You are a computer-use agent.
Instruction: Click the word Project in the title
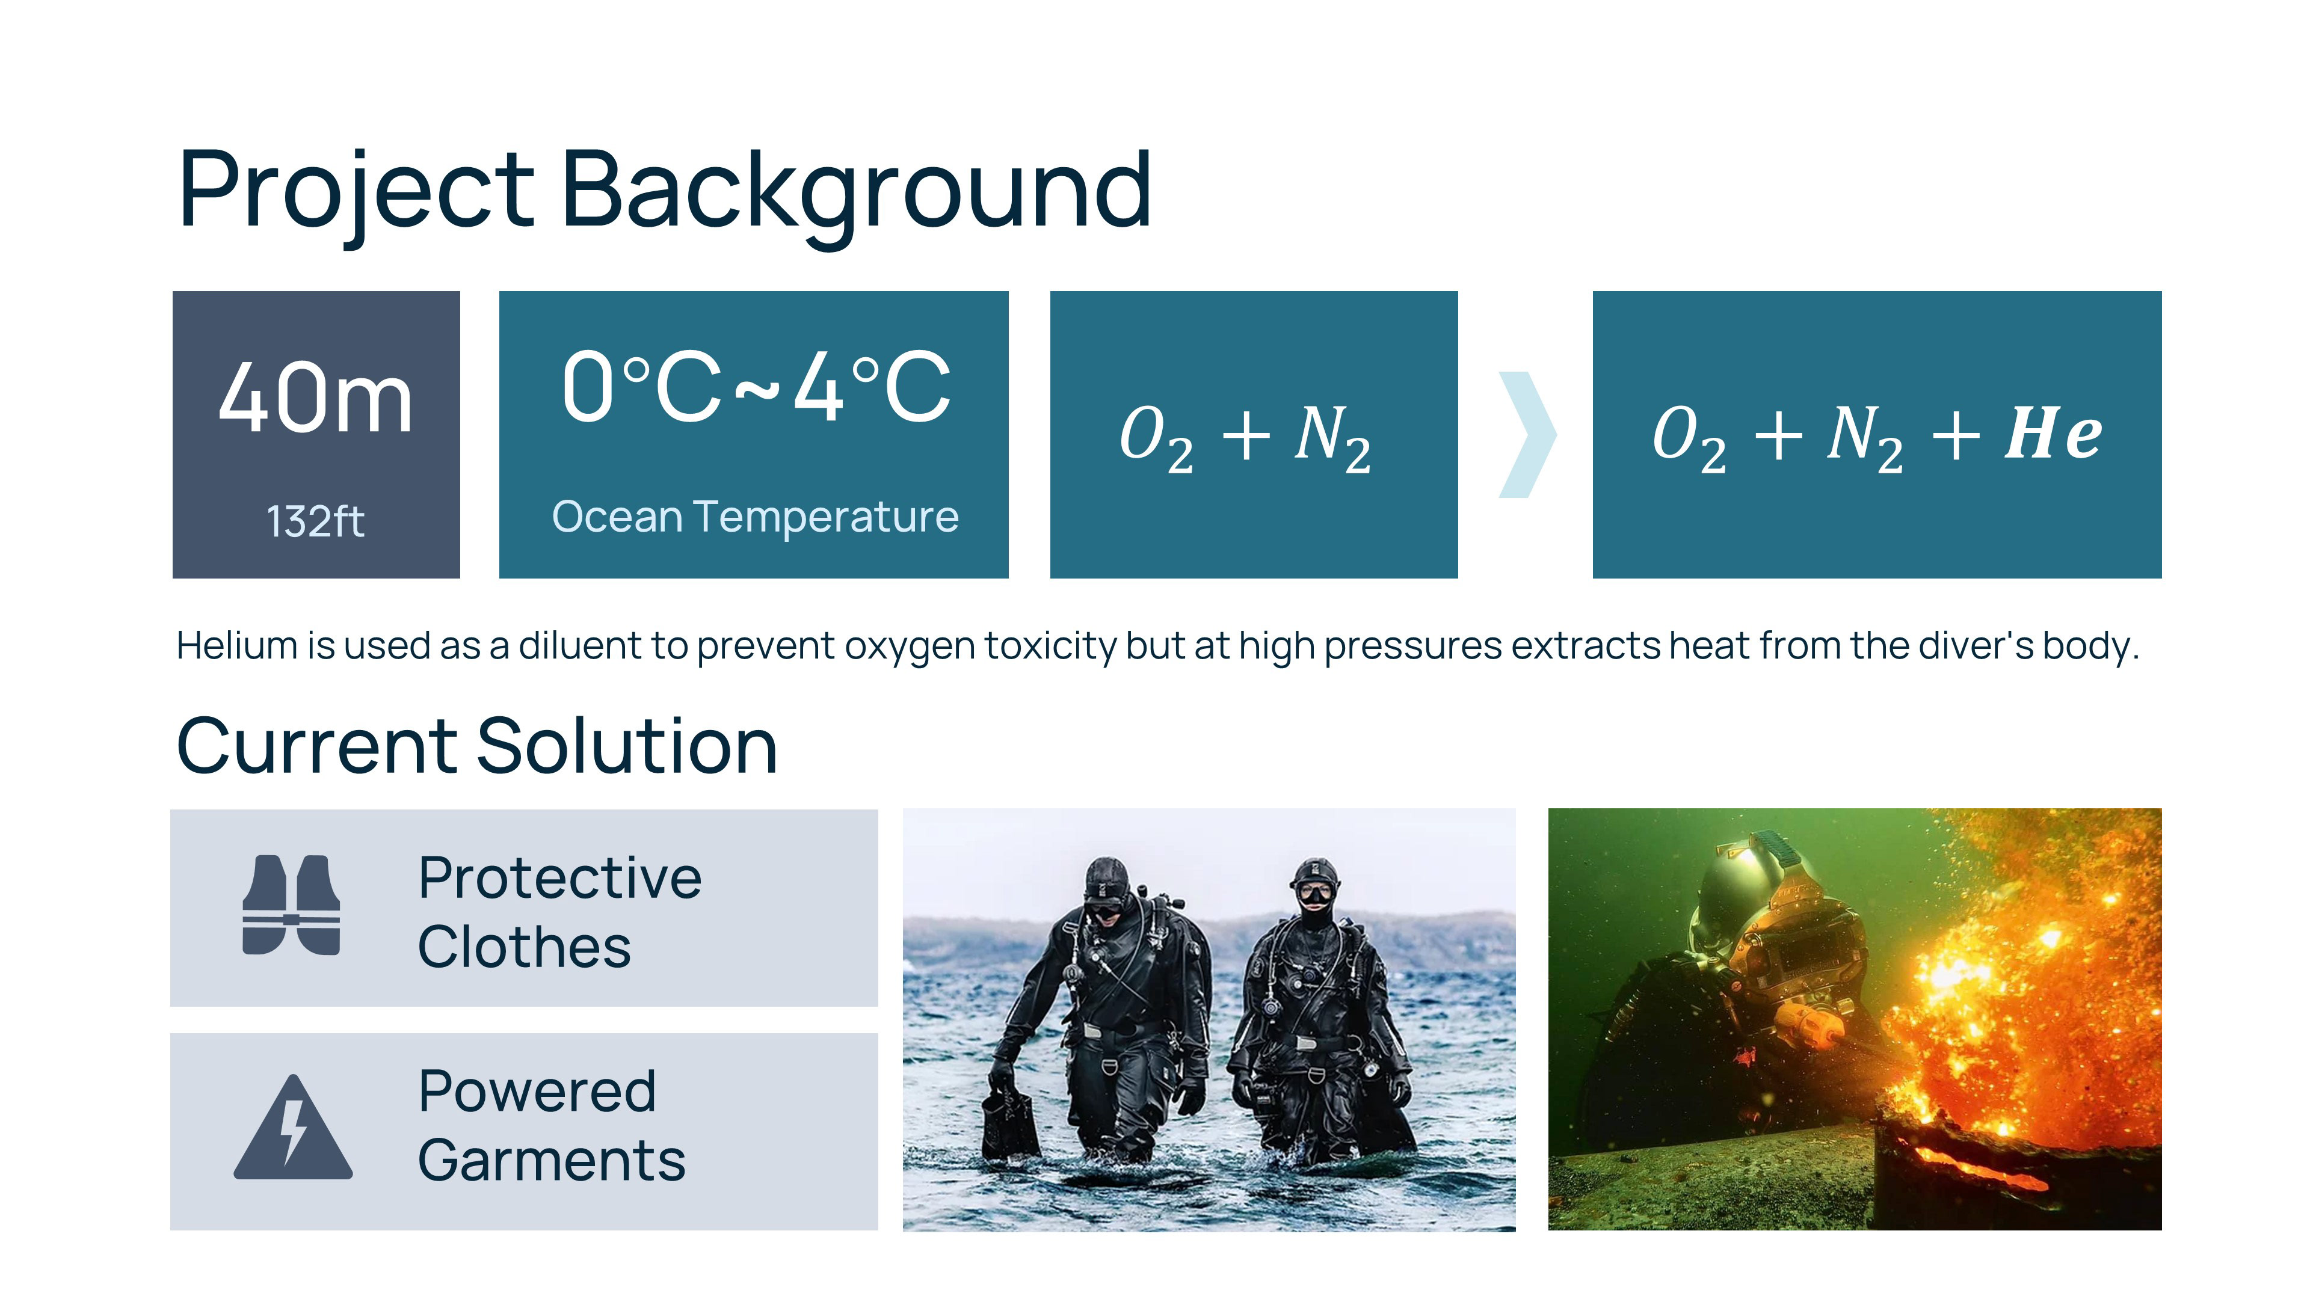click(x=357, y=191)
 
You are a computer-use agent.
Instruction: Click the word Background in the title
click(x=857, y=191)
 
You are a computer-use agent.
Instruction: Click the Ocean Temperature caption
click(x=756, y=517)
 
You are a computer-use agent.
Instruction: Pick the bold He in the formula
click(x=2054, y=433)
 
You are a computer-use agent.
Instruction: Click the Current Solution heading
click(x=477, y=746)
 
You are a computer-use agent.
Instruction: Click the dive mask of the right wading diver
click(x=1314, y=894)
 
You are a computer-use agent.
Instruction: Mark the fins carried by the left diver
click(x=1011, y=1120)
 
